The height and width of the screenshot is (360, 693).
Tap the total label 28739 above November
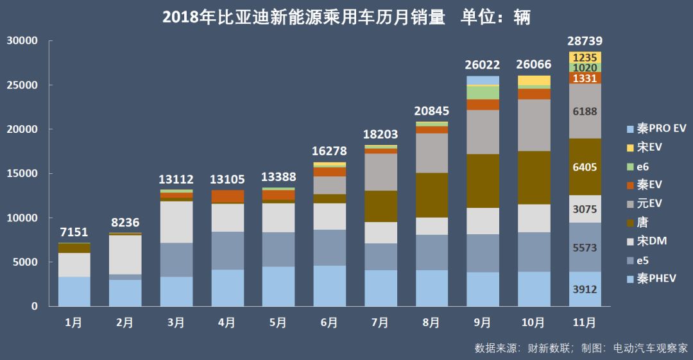(585, 42)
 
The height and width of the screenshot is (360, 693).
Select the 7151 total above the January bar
(74, 232)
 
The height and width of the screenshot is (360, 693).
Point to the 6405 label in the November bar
(585, 167)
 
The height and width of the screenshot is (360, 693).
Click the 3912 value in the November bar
(585, 289)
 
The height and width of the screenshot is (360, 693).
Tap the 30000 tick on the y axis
(22, 41)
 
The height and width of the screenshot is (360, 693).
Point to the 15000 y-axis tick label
(22, 173)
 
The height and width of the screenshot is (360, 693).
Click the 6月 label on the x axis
(329, 323)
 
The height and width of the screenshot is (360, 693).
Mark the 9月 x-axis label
(483, 323)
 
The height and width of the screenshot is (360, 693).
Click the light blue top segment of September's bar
(483, 80)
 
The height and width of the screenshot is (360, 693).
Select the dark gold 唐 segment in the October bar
(534, 177)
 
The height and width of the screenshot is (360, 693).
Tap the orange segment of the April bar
(227, 196)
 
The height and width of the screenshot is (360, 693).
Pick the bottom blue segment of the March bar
(176, 291)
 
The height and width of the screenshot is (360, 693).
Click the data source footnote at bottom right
(581, 348)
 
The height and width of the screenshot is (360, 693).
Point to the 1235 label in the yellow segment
(585, 57)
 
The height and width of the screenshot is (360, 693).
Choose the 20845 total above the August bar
(432, 111)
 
